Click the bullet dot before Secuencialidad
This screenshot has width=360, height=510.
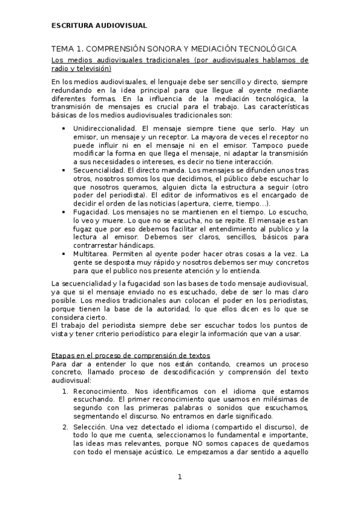[64, 170]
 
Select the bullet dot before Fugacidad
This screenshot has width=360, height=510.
[64, 212]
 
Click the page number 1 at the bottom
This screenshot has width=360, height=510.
[179, 477]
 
